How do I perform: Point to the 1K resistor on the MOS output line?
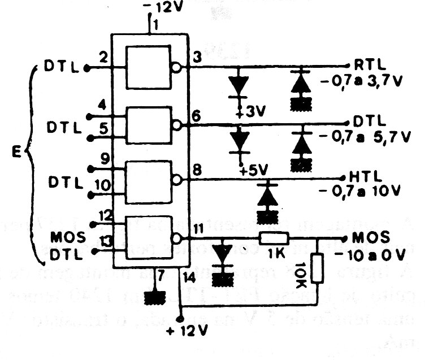(x=274, y=237)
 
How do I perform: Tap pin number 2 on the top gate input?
(x=102, y=57)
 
